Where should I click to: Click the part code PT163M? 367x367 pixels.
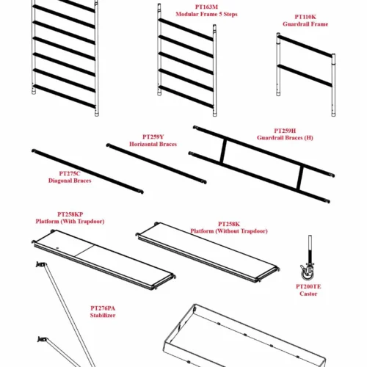coord(206,7)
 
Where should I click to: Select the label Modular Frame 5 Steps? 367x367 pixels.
coord(206,14)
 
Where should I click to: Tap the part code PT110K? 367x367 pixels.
coord(305,17)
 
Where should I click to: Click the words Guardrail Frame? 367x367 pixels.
coord(305,24)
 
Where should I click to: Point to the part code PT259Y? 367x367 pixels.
coord(153,137)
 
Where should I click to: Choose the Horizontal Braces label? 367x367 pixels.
coord(153,144)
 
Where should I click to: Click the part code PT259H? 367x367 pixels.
coord(285,131)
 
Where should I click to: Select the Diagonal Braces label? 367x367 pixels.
coord(70,181)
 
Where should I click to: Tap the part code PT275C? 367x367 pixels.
coord(70,173)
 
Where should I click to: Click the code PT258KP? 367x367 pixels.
coord(70,214)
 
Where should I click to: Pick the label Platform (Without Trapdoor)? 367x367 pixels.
coord(229,231)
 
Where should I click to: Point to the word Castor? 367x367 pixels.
coord(308,294)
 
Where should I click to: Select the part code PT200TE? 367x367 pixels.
coord(308,286)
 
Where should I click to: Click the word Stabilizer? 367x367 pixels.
coord(103,315)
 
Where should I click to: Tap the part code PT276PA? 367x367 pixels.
coord(103,308)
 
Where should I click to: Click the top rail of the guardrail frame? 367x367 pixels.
coord(305,46)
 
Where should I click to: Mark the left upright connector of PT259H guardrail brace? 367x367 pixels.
coord(223,151)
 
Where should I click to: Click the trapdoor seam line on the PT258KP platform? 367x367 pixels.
coord(84,251)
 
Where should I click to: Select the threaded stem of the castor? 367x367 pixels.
coord(310,250)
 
